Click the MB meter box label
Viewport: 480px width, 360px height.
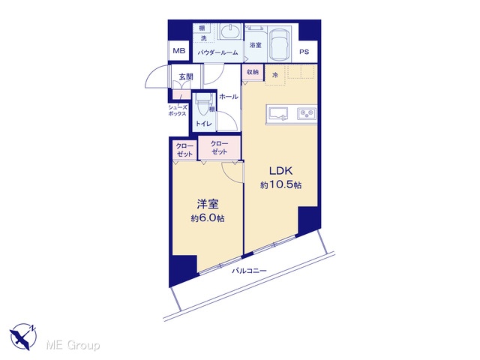179,51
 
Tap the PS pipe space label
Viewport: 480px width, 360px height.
304,52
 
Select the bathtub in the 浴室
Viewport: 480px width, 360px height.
280,45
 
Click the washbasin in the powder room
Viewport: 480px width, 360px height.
230,31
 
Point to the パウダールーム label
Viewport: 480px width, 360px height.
217,52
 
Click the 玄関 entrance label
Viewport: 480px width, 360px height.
186,76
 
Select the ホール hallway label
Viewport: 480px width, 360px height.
228,97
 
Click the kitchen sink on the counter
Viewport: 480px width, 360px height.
278,114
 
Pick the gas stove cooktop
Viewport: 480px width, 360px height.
307,113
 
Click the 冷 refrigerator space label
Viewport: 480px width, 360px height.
275,75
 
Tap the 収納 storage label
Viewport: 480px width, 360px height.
253,72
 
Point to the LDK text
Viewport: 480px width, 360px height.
281,171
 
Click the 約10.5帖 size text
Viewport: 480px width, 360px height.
281,185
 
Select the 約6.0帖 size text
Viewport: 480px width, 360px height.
208,218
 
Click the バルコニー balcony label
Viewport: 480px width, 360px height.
249,271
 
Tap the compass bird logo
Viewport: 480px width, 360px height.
23,336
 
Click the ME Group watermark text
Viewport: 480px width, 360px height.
73,346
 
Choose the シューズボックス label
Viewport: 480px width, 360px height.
177,110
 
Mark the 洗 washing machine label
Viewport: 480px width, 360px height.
203,38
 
